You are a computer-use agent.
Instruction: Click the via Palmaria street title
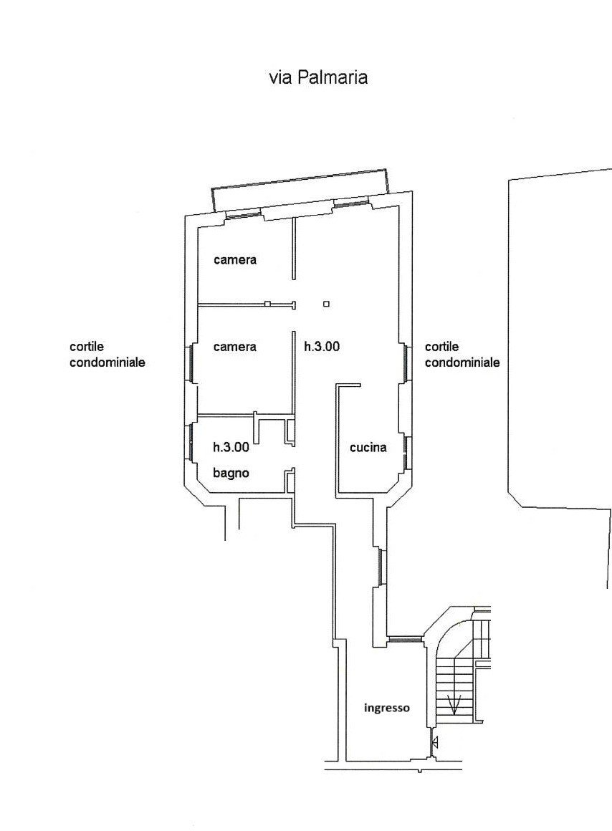(x=318, y=77)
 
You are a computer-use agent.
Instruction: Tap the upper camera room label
(x=235, y=259)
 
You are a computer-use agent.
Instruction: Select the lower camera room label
(x=235, y=347)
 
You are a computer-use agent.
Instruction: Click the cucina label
(x=368, y=447)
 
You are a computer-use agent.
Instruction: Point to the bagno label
(x=231, y=473)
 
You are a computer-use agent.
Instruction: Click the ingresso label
(x=386, y=708)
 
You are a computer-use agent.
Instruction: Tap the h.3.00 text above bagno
(x=231, y=447)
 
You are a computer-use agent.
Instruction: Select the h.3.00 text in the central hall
(x=322, y=347)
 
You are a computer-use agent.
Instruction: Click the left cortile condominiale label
(x=107, y=355)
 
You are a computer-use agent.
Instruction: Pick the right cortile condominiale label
(x=462, y=355)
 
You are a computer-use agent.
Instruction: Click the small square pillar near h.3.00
(x=326, y=304)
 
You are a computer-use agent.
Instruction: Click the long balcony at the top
(x=300, y=190)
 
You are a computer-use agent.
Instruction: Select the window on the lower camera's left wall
(x=188, y=363)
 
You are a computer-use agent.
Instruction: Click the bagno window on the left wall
(x=189, y=442)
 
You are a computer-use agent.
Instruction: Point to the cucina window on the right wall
(x=407, y=453)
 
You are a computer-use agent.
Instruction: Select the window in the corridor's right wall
(x=381, y=567)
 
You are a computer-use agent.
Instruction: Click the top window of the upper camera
(x=244, y=215)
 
